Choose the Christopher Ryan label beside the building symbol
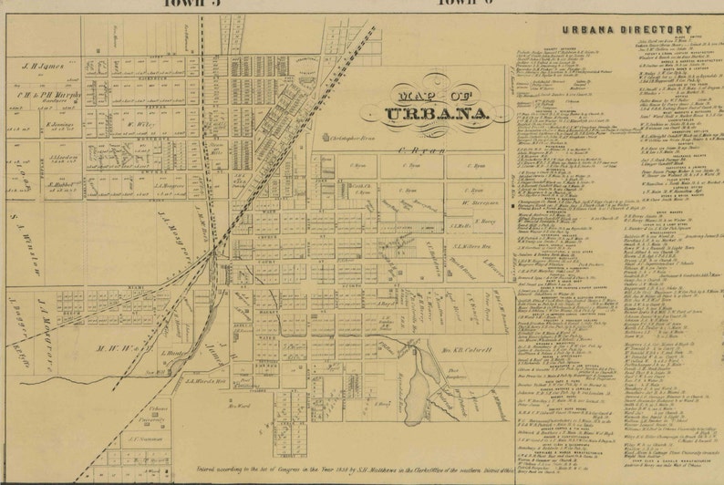[352, 138]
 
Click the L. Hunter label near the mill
[173, 353]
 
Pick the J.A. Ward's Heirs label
[202, 380]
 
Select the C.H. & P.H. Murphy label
[51, 94]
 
